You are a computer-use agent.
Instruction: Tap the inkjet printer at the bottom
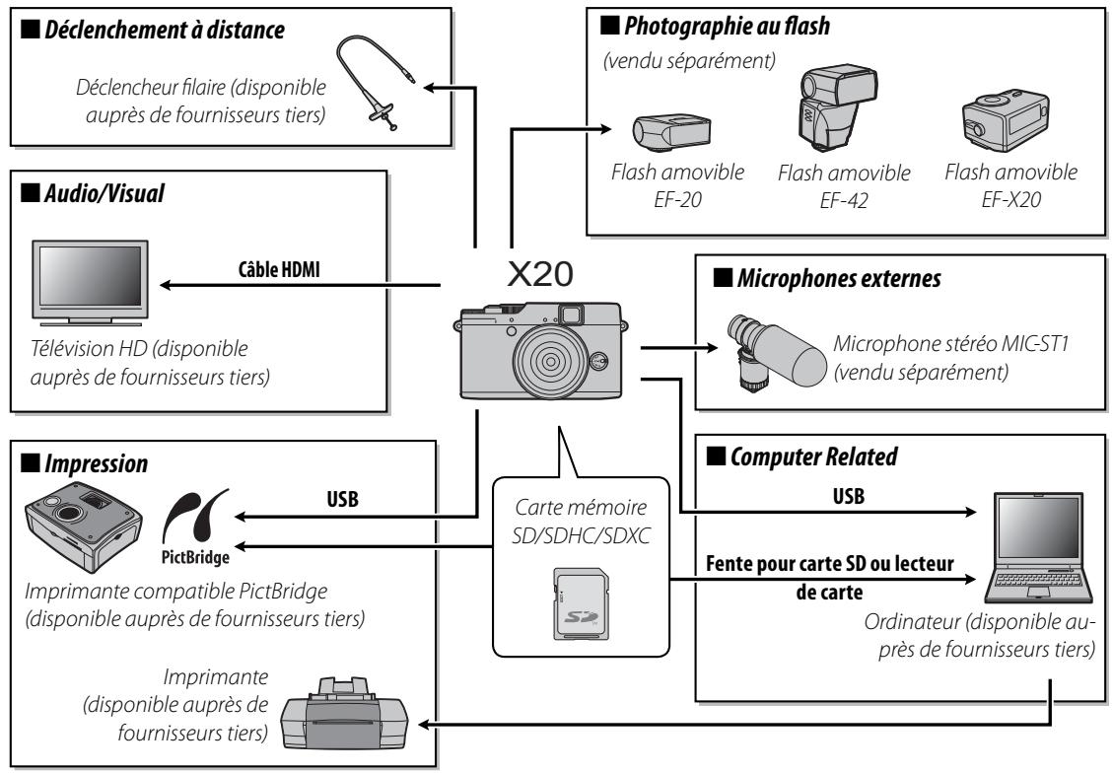pos(341,724)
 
